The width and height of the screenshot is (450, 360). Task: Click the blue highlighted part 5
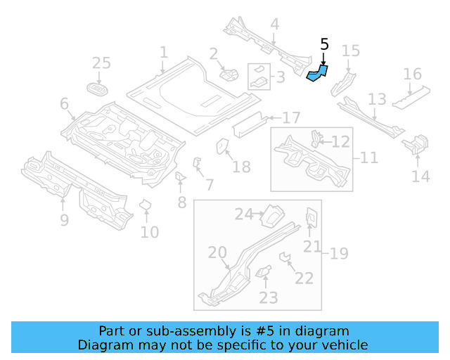[317, 73]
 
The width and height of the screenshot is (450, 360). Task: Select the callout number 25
[102, 63]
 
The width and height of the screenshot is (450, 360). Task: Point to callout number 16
[413, 75]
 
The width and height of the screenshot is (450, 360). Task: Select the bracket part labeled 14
[414, 146]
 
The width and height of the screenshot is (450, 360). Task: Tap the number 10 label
[149, 231]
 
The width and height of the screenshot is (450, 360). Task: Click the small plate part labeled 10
[146, 205]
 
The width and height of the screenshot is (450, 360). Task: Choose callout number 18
[241, 167]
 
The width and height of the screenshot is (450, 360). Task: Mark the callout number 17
[291, 117]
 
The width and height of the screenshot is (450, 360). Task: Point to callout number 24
[243, 214]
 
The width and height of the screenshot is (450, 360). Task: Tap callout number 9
[64, 221]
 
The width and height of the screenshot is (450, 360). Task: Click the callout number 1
[163, 52]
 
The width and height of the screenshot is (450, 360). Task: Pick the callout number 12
[340, 142]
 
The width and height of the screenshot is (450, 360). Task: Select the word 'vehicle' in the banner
[345, 345]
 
